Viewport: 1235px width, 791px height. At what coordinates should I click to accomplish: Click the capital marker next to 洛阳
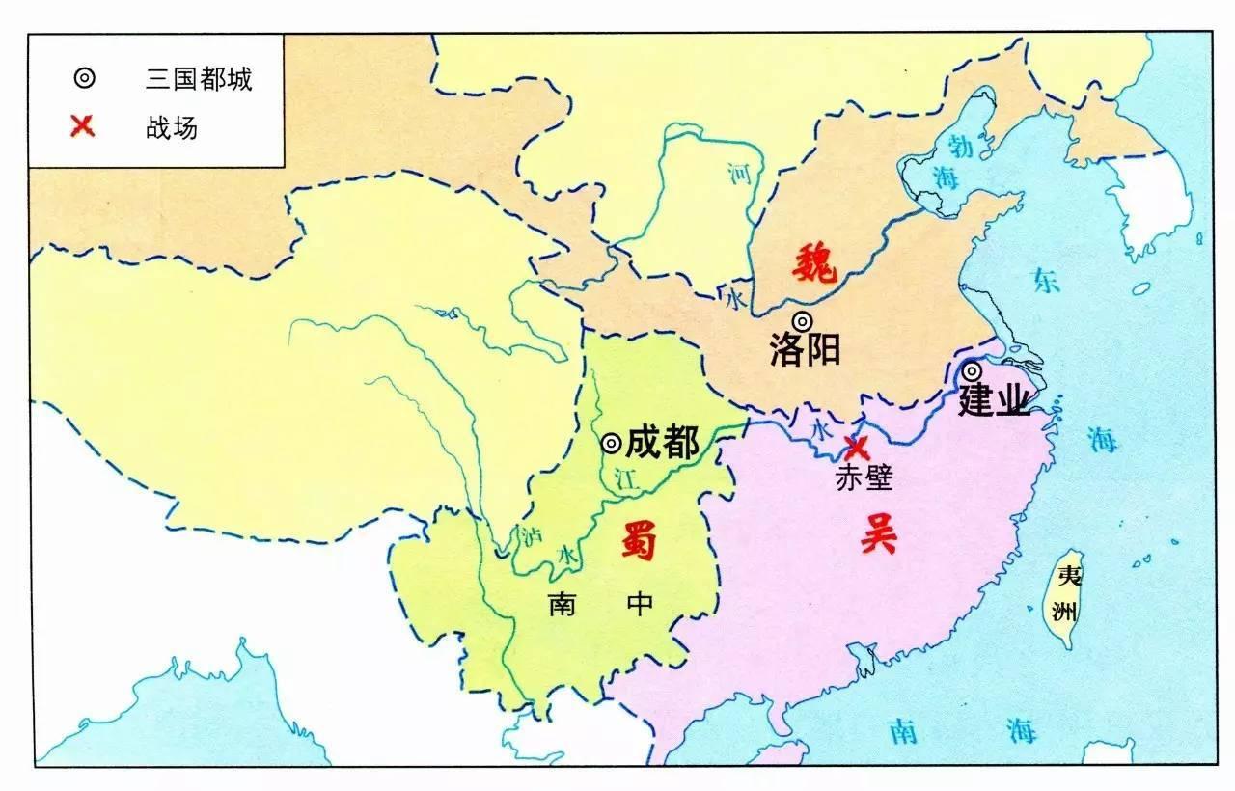[x=802, y=321]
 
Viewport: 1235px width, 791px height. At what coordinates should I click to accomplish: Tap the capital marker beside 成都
[x=611, y=443]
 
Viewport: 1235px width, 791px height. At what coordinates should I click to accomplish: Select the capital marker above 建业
[x=972, y=370]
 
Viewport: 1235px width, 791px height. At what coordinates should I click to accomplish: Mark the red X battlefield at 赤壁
[x=855, y=448]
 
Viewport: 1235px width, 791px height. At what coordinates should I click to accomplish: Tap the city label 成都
[x=662, y=443]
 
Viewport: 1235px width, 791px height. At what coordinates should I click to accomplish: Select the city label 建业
[x=994, y=400]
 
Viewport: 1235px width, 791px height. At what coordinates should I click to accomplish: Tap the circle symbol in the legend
[x=85, y=79]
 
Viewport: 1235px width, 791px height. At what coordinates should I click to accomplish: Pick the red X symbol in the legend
[x=84, y=125]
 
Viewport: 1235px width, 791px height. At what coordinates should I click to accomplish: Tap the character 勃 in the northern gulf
[x=962, y=146]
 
